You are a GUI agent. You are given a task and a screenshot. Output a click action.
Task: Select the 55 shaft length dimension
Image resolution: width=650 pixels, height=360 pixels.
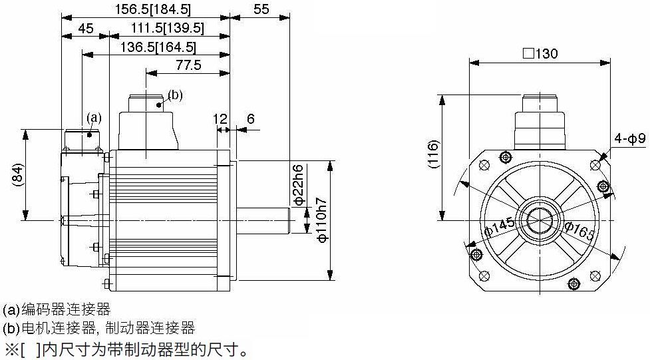point(261,9)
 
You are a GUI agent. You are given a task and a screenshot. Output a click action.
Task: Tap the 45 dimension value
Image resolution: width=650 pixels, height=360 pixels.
point(86,29)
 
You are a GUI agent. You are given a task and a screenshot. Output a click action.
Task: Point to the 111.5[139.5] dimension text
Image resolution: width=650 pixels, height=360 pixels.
point(168,28)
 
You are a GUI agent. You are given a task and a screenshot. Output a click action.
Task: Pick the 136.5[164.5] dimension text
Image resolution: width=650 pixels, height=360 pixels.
point(158,47)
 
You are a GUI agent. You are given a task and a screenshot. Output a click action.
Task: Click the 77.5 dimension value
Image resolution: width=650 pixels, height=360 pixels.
point(189,65)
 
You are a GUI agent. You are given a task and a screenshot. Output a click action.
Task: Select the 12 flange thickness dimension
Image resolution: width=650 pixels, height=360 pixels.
point(220,119)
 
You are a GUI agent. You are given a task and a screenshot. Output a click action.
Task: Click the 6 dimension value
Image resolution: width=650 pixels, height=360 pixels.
point(250,119)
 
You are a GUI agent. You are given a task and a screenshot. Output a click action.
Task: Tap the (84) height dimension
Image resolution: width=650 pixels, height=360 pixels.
point(17,174)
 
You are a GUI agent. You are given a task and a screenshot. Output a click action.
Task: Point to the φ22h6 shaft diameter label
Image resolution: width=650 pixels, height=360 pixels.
point(299,184)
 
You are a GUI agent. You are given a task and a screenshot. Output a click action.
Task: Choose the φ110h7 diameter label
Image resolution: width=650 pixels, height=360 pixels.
point(322,220)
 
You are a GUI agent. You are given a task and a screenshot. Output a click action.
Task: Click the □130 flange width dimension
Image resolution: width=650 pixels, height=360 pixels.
point(540,53)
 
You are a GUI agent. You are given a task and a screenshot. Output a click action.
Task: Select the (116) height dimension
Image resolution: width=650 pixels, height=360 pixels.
point(433,154)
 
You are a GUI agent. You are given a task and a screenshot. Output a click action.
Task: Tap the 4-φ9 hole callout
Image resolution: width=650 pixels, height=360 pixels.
point(629,138)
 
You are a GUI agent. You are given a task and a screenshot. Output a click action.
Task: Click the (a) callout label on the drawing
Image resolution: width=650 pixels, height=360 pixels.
point(94,118)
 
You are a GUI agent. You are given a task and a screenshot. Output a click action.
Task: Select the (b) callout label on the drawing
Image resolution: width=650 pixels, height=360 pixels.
point(175,95)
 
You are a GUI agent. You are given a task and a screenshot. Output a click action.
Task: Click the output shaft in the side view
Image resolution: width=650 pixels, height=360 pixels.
point(263,220)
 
